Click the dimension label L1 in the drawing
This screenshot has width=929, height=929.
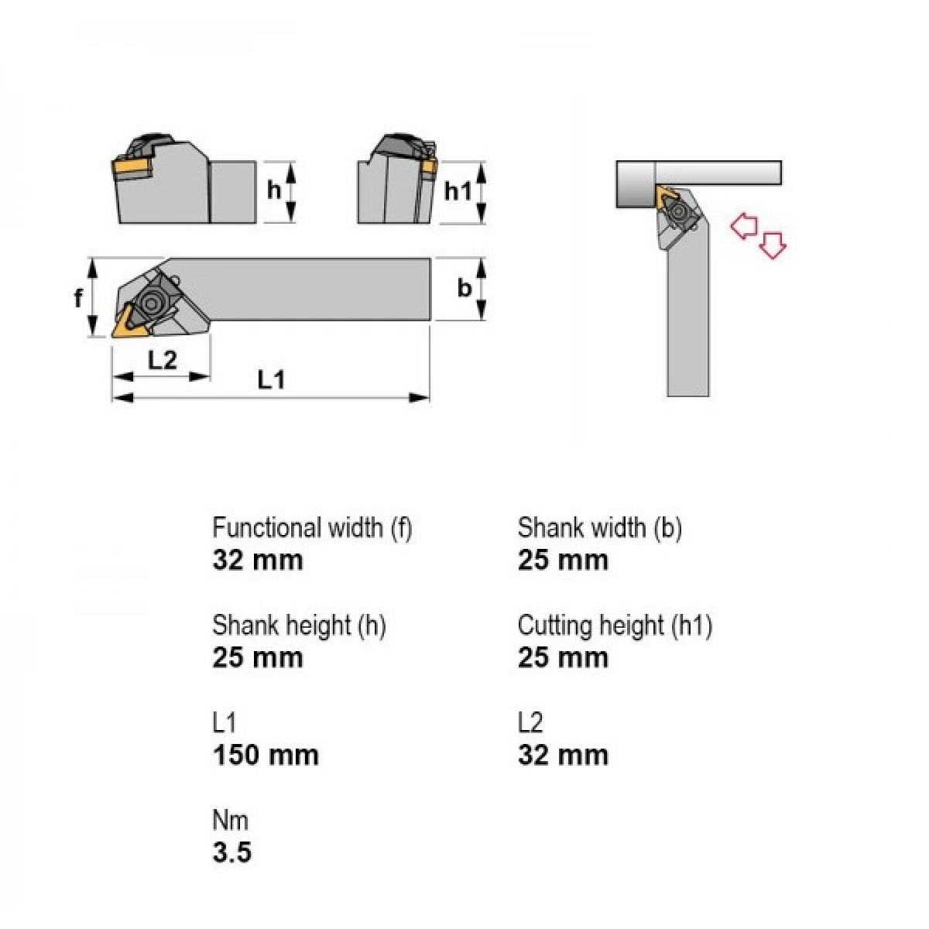tap(272, 379)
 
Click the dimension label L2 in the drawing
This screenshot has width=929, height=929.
tap(162, 360)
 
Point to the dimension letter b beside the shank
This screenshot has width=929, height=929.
tap(464, 288)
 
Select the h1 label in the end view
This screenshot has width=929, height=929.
tap(458, 191)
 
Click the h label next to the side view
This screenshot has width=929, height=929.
tap(274, 190)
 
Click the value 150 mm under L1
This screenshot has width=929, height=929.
tap(266, 755)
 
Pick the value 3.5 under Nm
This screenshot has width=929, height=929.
tap(232, 852)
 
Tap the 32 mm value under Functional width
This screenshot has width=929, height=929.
tap(258, 560)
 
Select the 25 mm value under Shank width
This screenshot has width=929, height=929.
tap(563, 560)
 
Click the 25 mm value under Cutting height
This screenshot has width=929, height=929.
tap(563, 657)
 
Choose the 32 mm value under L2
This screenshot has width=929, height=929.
tap(563, 755)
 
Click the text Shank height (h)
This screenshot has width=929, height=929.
tap(300, 626)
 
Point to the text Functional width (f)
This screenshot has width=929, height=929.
tap(313, 528)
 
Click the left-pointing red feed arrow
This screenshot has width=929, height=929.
tap(744, 226)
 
